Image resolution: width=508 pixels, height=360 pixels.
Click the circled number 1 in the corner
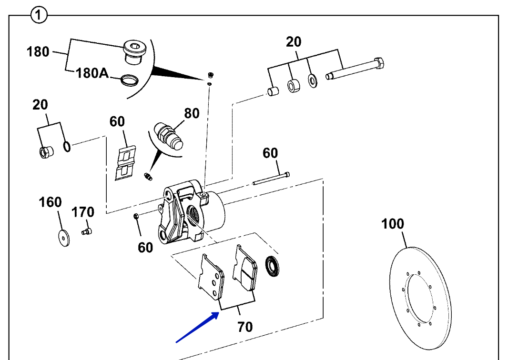tap(39, 15)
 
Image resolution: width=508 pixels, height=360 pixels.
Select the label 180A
tap(92, 73)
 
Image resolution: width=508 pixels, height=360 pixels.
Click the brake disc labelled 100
tap(420, 298)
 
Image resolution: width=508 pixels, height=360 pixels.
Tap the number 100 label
tap(393, 224)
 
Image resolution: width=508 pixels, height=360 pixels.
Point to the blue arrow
tap(197, 327)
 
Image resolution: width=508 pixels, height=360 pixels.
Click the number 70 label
tap(245, 327)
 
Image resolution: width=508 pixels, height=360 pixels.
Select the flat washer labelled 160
tap(64, 239)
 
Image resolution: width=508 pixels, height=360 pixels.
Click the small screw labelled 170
tap(87, 231)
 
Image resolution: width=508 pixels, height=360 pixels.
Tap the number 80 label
tap(192, 113)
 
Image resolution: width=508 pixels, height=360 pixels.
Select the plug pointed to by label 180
tap(135, 52)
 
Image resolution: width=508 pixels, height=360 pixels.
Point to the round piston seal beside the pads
tap(273, 267)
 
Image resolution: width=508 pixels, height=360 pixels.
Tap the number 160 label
tap(50, 202)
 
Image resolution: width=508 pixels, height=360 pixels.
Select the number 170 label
tap(82, 212)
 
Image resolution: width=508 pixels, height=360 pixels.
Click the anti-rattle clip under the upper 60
tap(125, 163)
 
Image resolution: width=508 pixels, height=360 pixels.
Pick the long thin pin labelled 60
tap(271, 179)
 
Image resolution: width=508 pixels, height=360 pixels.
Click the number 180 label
tap(38, 52)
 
